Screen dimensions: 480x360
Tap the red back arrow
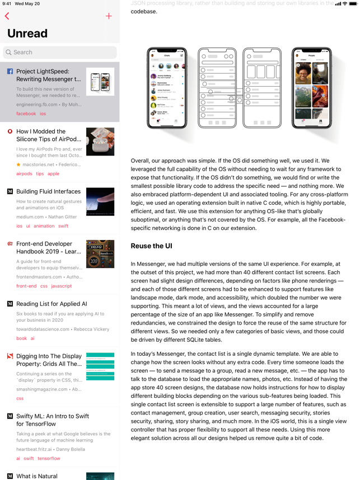pos(7,16)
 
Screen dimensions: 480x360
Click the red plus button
pos(109,16)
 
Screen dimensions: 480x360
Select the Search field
pos(60,52)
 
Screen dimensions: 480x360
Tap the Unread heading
pos(27,34)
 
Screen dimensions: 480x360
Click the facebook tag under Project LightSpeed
pos(26,114)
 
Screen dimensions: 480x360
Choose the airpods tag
pos(24,174)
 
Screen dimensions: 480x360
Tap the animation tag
pos(44,226)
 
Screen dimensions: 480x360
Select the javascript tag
pos(62,286)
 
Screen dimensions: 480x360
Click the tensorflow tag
pos(49,458)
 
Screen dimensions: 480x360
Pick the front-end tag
pos(26,286)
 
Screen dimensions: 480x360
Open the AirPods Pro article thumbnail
pos(100,142)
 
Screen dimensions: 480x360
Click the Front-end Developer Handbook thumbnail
pos(100,254)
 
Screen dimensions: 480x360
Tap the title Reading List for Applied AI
pos(52,304)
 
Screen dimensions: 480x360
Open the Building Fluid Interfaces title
pos(48,191)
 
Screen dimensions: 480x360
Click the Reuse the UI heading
pos(151,246)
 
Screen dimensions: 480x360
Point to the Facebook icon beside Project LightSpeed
pos(10,72)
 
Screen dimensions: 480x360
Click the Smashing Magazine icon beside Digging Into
pos(10,356)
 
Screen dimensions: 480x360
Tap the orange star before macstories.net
pos(18,165)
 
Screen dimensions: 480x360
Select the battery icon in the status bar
pos(353,3)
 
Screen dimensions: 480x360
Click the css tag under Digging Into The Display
pos(20,398)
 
